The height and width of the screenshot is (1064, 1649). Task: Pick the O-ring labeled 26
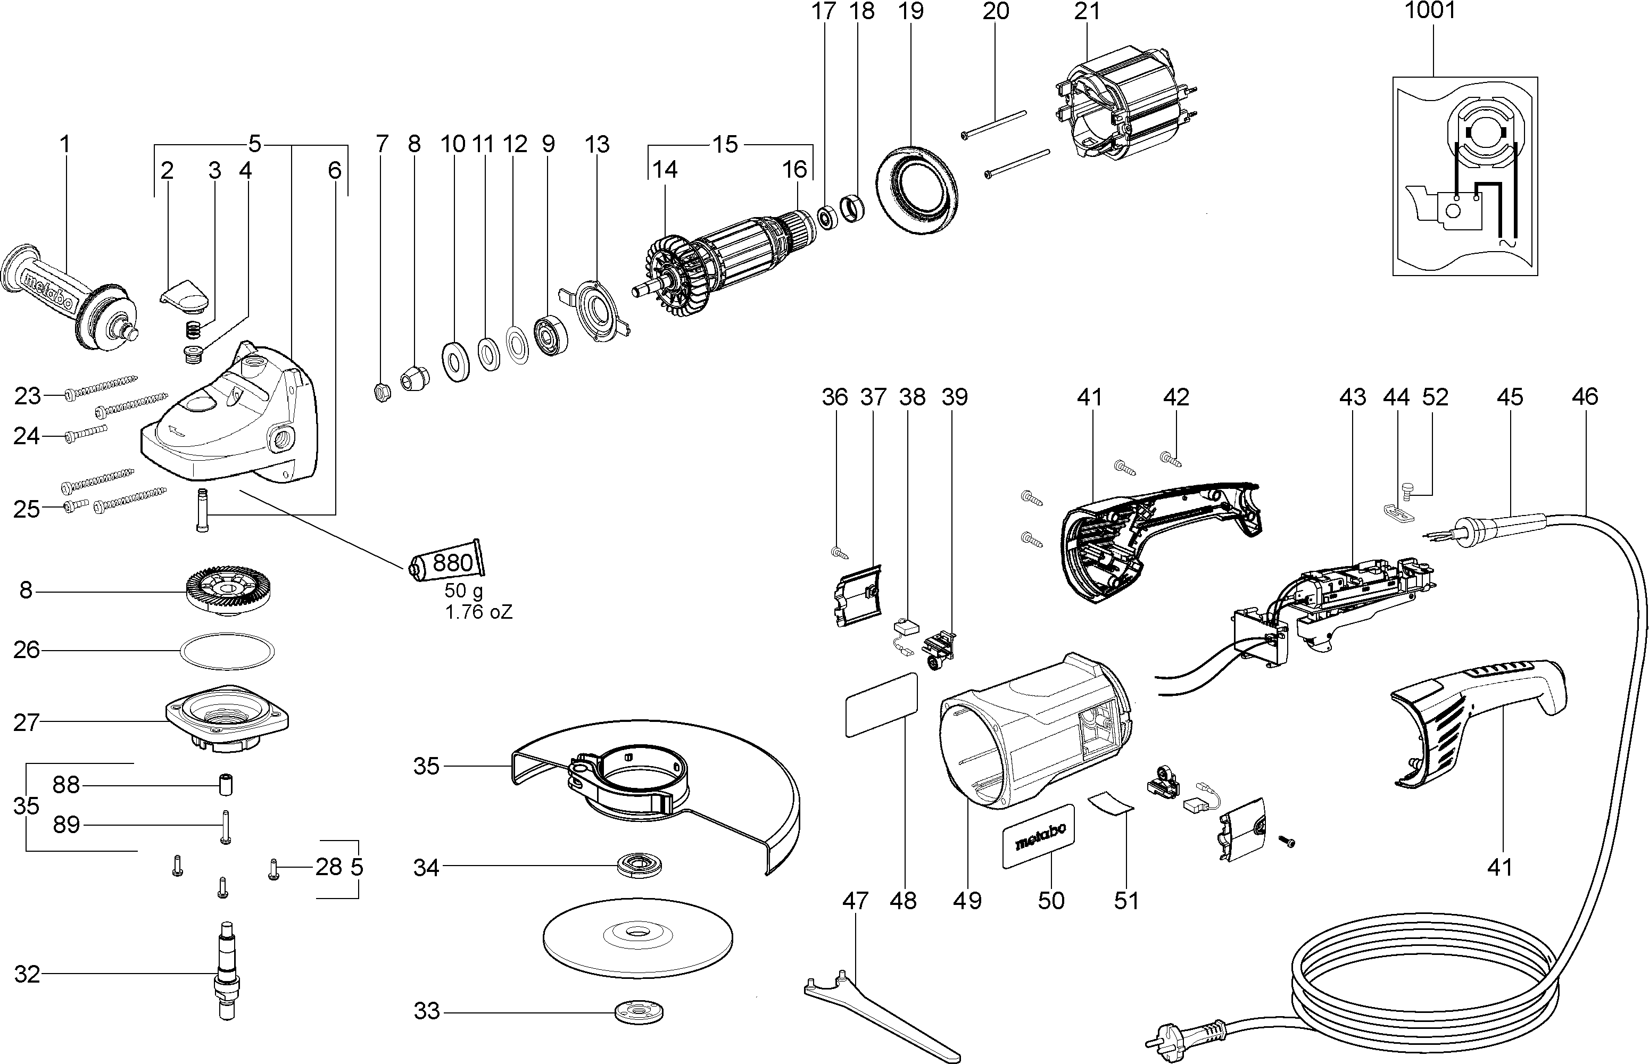point(227,650)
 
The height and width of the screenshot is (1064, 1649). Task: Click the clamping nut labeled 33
point(640,1013)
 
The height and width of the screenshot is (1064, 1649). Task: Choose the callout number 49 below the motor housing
point(966,901)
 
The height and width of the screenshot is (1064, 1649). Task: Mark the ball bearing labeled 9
point(551,335)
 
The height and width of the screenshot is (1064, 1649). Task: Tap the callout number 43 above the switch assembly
point(1352,397)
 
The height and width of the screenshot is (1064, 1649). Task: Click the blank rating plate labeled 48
point(882,705)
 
